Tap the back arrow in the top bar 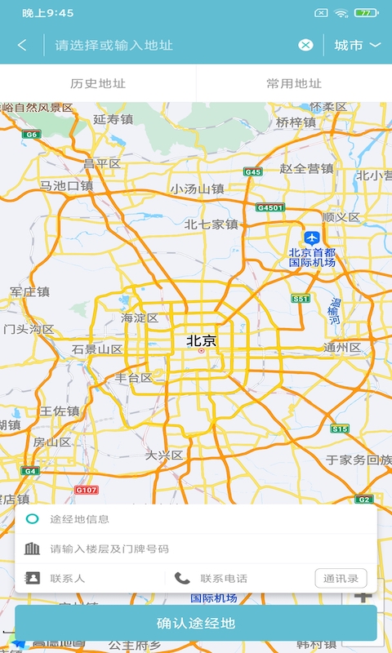coord(22,45)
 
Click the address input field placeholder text coord(114,45)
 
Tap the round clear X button coord(305,45)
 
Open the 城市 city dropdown coord(357,45)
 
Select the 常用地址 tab coord(294,83)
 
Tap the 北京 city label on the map coord(202,340)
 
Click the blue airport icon coord(311,237)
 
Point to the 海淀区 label coord(140,318)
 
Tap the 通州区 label coord(342,348)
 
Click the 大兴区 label coord(164,455)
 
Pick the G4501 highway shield coord(269,208)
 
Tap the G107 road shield coord(86,490)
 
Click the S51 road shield coord(301,300)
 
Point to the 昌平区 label coord(102,164)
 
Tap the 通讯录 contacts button coord(341,579)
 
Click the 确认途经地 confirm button coord(196,624)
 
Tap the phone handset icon coord(182,578)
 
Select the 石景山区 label coord(97,349)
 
